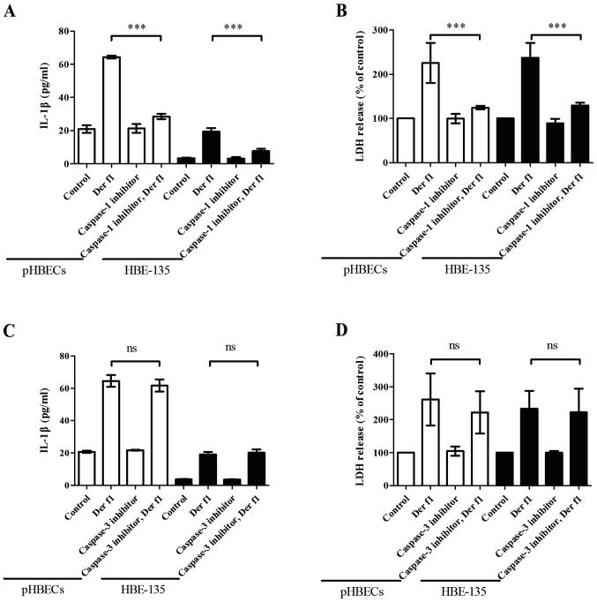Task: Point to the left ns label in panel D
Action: click(456, 348)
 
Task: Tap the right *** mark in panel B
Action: click(557, 27)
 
